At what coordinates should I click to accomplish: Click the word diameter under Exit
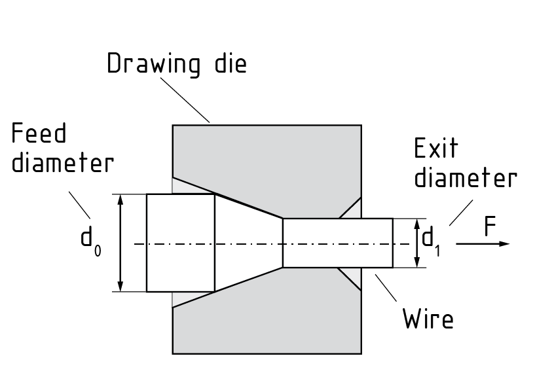[465, 177]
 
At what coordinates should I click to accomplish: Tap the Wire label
[428, 320]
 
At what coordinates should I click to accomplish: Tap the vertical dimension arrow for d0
[120, 243]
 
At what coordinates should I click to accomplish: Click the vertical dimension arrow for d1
[416, 243]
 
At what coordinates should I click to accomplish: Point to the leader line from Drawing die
[186, 99]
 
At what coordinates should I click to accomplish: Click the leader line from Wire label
[387, 291]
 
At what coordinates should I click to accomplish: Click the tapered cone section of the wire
[249, 242]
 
